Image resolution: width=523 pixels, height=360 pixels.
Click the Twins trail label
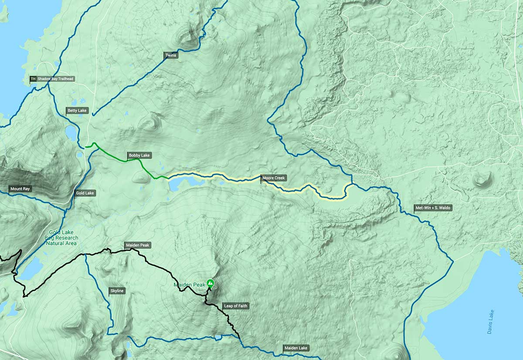tap(171, 55)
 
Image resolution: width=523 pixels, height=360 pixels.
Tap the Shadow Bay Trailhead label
tap(55, 79)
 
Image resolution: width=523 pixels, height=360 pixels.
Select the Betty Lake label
tap(77, 111)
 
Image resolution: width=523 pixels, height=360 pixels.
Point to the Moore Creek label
tap(274, 178)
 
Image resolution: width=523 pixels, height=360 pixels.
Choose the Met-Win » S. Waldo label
tap(433, 208)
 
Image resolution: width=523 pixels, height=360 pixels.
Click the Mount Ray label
tap(21, 189)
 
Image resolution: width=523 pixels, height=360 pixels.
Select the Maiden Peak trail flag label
tap(138, 245)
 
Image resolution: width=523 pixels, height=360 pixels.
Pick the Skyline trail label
tap(116, 291)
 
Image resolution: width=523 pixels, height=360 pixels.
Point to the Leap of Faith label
tap(235, 306)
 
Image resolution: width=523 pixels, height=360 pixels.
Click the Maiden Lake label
tap(296, 348)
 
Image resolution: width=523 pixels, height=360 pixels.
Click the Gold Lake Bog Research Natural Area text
tap(61, 238)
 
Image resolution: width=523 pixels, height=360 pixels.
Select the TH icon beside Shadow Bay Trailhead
tap(33, 79)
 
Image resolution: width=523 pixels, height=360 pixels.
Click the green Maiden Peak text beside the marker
tap(189, 285)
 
